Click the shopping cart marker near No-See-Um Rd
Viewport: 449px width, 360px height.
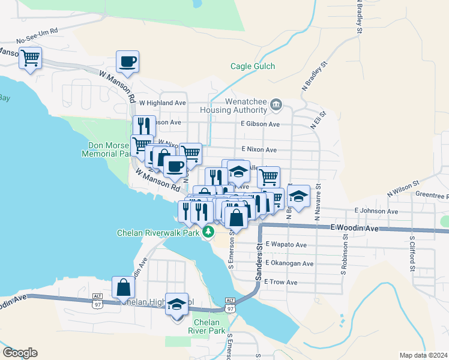tap(30, 59)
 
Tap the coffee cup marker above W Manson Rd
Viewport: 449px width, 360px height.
tap(127, 61)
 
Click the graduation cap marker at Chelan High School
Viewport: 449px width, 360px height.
tap(176, 306)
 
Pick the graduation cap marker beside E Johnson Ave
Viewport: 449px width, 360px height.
tap(298, 196)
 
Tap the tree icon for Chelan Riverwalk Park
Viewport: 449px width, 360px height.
tap(209, 231)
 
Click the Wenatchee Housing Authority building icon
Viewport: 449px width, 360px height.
tap(276, 106)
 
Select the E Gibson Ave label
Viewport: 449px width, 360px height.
tap(261, 124)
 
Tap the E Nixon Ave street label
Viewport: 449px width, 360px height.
tap(259, 149)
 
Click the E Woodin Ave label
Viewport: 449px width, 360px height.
tap(355, 229)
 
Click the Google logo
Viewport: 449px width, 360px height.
tap(20, 353)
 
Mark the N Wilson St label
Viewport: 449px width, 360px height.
tap(402, 191)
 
